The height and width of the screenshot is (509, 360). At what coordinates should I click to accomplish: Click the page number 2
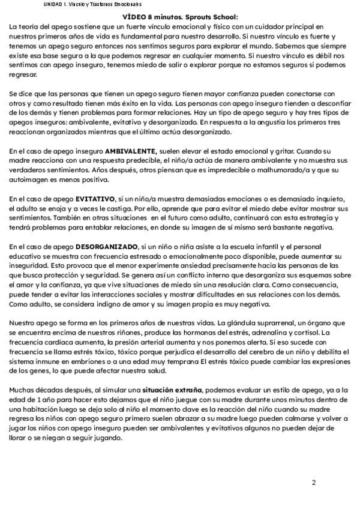pyautogui.click(x=314, y=482)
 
